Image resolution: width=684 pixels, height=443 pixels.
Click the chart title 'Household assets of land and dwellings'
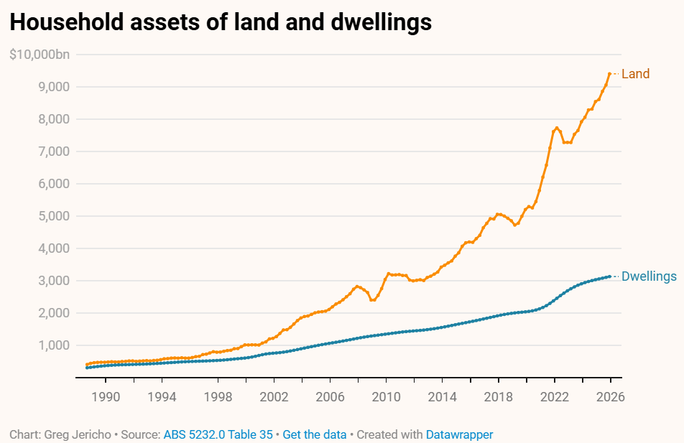[221, 22]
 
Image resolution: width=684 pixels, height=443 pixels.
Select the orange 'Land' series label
[635, 74]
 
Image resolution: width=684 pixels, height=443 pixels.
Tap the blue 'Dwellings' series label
[649, 276]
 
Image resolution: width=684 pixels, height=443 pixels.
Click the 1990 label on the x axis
[105, 396]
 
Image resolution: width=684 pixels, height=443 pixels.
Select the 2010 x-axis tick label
[387, 396]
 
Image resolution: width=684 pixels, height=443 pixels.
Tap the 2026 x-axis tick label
[611, 396]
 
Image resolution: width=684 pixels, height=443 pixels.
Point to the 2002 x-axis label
[274, 396]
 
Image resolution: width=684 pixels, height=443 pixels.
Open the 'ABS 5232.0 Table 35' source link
[218, 434]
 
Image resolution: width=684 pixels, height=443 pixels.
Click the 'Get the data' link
[315, 434]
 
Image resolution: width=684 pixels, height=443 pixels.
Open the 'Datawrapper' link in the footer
[459, 434]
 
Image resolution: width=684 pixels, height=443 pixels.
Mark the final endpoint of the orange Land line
[610, 73]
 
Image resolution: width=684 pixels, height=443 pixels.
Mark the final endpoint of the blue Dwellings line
[610, 276]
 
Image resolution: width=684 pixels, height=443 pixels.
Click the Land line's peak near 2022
[557, 128]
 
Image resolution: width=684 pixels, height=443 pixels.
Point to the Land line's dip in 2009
[372, 299]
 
